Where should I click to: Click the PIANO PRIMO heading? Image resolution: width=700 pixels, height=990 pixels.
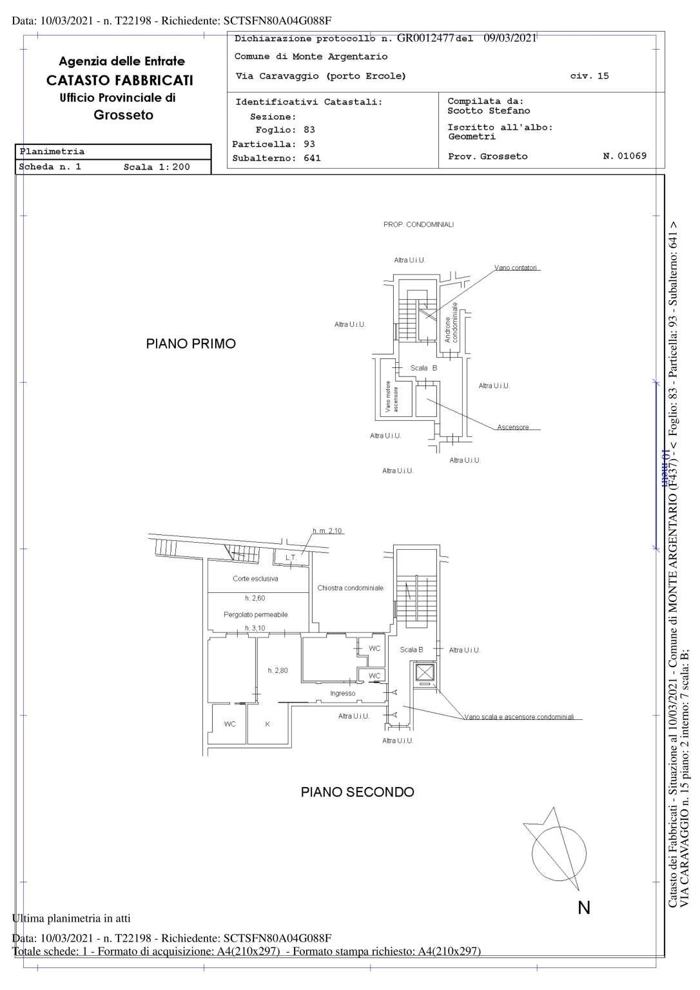(x=191, y=344)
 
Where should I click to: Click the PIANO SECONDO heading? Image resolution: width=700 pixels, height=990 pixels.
(x=357, y=791)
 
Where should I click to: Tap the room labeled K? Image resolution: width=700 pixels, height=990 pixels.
(x=267, y=724)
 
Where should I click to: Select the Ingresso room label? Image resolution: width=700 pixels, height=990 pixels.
(x=342, y=694)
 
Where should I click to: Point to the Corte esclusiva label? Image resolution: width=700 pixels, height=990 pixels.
(x=255, y=579)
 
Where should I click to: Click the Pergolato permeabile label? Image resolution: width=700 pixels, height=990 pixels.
(x=255, y=614)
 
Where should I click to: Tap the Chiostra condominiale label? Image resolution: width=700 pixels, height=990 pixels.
(x=350, y=588)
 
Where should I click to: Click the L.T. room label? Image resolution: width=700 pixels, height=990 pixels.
(x=291, y=557)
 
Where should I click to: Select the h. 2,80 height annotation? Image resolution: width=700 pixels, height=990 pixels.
(x=278, y=670)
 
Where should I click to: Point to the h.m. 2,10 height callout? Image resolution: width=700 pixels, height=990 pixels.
(x=327, y=531)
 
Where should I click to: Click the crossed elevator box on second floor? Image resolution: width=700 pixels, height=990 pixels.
(x=425, y=673)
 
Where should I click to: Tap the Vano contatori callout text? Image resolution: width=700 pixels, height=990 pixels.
(x=516, y=267)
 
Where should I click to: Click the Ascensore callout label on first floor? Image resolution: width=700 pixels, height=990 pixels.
(x=512, y=427)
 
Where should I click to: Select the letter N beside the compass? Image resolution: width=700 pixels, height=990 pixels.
(x=584, y=907)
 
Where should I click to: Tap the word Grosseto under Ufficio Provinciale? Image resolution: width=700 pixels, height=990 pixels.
(x=123, y=115)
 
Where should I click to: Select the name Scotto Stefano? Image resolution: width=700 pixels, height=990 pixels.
(x=489, y=111)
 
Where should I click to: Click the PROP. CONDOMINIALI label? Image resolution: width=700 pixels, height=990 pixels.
(x=418, y=224)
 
